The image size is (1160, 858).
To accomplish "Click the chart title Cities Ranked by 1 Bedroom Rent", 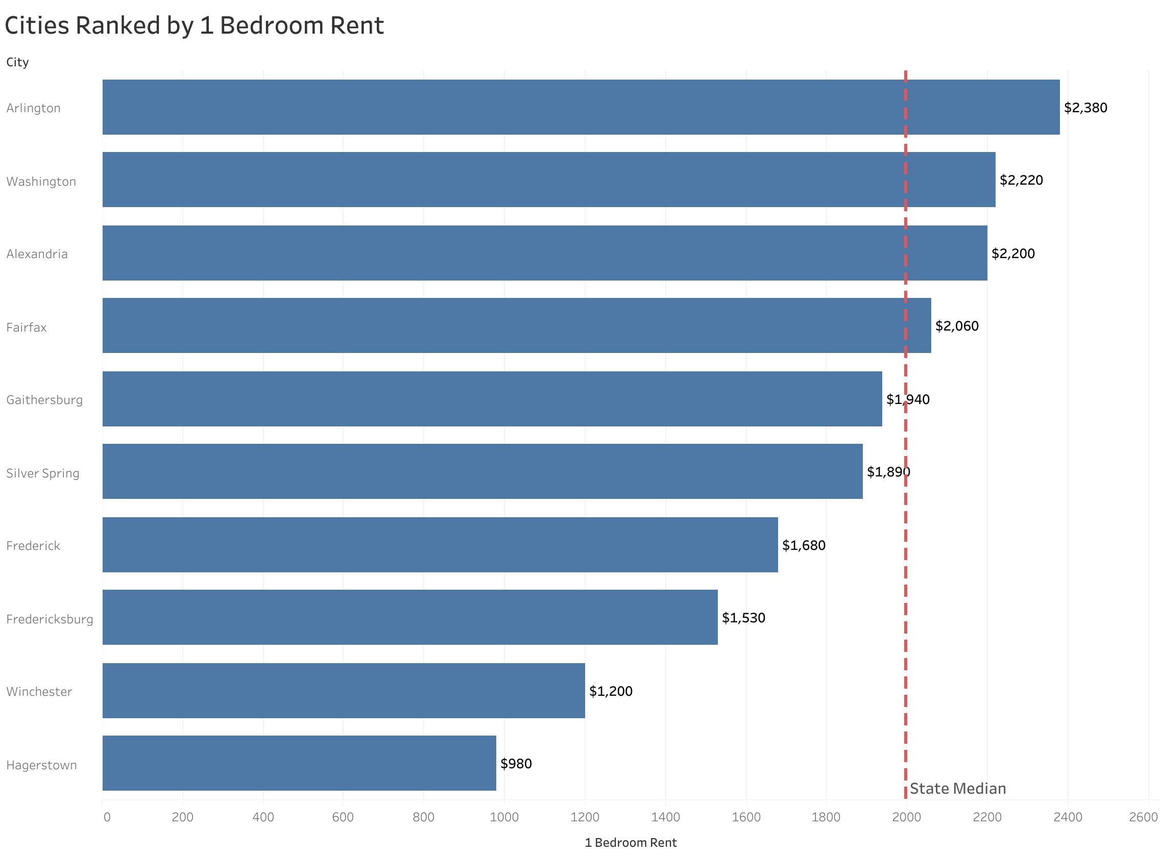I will click(194, 26).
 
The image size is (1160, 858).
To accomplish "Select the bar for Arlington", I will click(581, 107).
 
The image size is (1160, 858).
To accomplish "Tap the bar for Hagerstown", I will click(299, 763).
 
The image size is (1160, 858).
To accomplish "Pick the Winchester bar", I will click(343, 690).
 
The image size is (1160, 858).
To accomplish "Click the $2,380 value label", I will click(1085, 108).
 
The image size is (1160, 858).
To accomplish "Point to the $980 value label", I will click(516, 764).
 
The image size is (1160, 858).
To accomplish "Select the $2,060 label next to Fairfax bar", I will click(956, 325).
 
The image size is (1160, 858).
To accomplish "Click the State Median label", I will click(957, 789).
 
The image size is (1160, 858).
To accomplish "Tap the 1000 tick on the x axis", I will click(504, 817).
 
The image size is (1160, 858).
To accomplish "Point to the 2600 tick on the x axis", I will click(1143, 817).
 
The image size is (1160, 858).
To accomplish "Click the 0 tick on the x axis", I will click(107, 817).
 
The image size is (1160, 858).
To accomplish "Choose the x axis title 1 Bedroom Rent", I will click(631, 842).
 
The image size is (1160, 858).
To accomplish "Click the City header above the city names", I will click(17, 62).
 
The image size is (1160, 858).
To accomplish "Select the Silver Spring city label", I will click(42, 473).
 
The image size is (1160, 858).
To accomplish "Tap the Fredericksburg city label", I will click(50, 619).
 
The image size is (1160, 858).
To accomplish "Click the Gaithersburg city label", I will click(44, 400).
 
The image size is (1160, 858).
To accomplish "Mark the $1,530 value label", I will click(743, 618).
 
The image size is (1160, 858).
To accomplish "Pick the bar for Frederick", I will click(440, 544).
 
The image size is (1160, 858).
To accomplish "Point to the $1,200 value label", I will click(610, 691).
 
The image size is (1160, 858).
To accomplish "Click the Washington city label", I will click(41, 181).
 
